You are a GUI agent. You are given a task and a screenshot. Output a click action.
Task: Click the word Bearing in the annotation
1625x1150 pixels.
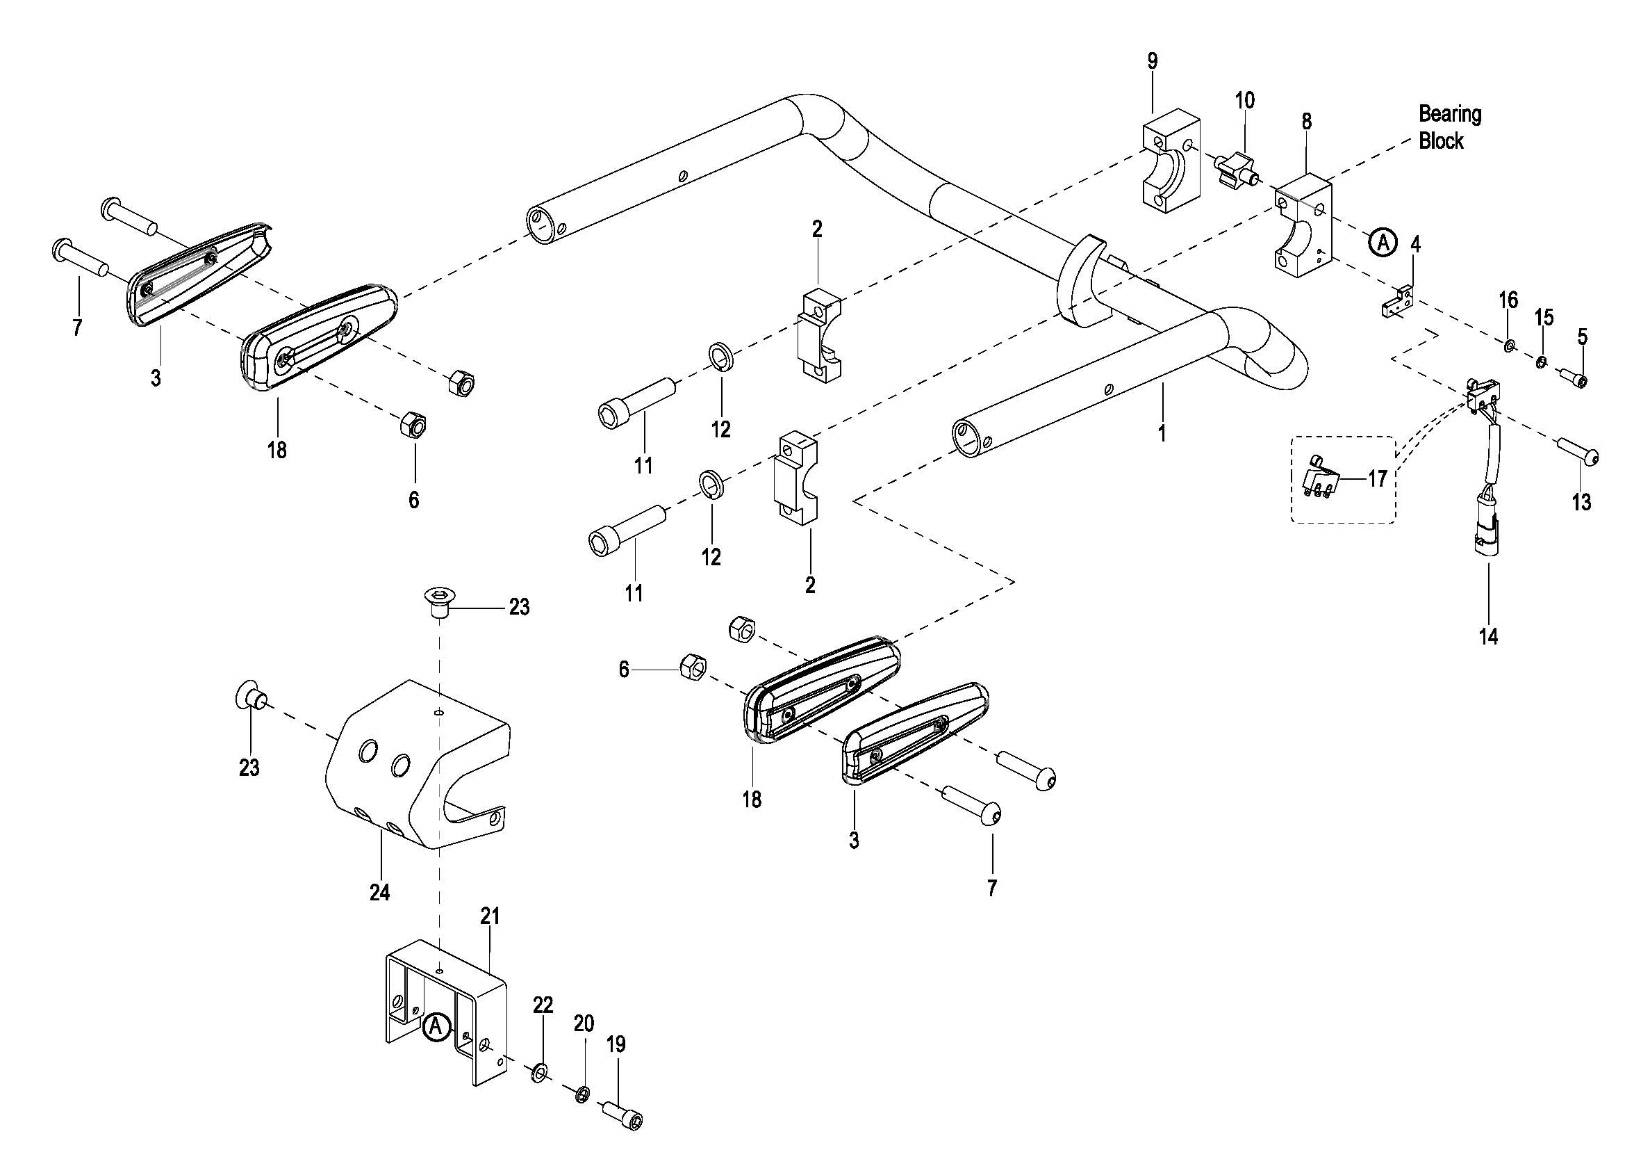pos(1449,115)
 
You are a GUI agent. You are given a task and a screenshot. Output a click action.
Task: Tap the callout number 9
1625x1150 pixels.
pos(1152,62)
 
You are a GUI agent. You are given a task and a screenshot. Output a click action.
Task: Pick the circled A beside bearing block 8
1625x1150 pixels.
pos(1382,242)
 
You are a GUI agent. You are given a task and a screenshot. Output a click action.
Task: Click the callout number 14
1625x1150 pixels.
pos(1488,637)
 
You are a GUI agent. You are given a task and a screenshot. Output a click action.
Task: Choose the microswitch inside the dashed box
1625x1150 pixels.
pos(1321,483)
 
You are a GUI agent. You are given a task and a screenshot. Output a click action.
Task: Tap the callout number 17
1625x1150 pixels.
pos(1377,480)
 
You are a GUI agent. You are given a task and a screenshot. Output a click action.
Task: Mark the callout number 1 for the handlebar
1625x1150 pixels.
pos(1162,432)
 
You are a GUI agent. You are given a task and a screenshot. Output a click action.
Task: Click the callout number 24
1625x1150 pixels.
pos(379,892)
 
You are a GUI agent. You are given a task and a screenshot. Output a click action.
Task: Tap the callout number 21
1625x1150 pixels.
pos(490,916)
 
